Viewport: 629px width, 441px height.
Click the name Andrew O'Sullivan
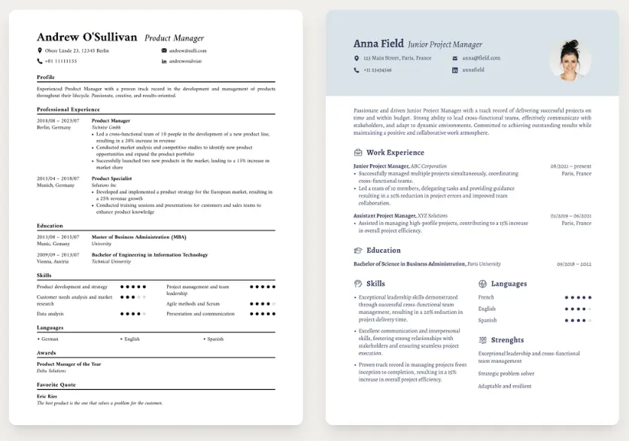tap(87, 37)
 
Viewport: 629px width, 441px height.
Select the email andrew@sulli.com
tap(187, 50)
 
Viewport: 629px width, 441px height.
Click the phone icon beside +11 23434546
tap(357, 70)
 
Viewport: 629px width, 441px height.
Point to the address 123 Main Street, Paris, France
tap(397, 58)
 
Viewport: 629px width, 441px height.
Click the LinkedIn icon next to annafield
tap(454, 70)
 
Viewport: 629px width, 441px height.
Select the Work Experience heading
tap(395, 153)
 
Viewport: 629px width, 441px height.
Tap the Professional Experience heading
tap(68, 109)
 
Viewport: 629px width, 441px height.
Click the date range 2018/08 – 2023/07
tap(58, 120)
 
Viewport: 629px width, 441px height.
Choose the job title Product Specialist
tap(111, 178)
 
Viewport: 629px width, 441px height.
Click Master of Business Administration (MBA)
tap(138, 236)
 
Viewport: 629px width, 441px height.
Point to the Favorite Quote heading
tap(58, 385)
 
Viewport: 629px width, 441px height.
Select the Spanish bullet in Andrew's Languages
tap(215, 339)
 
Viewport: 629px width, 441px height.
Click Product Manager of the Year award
tap(69, 364)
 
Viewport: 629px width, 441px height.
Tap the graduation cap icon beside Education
tap(357, 251)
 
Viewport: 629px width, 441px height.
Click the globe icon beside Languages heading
tap(482, 284)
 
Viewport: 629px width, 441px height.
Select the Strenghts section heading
tap(507, 340)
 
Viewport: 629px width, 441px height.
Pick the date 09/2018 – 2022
tap(574, 264)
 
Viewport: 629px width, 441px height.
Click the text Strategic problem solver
tap(506, 373)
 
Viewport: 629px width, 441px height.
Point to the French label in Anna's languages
tap(486, 297)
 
